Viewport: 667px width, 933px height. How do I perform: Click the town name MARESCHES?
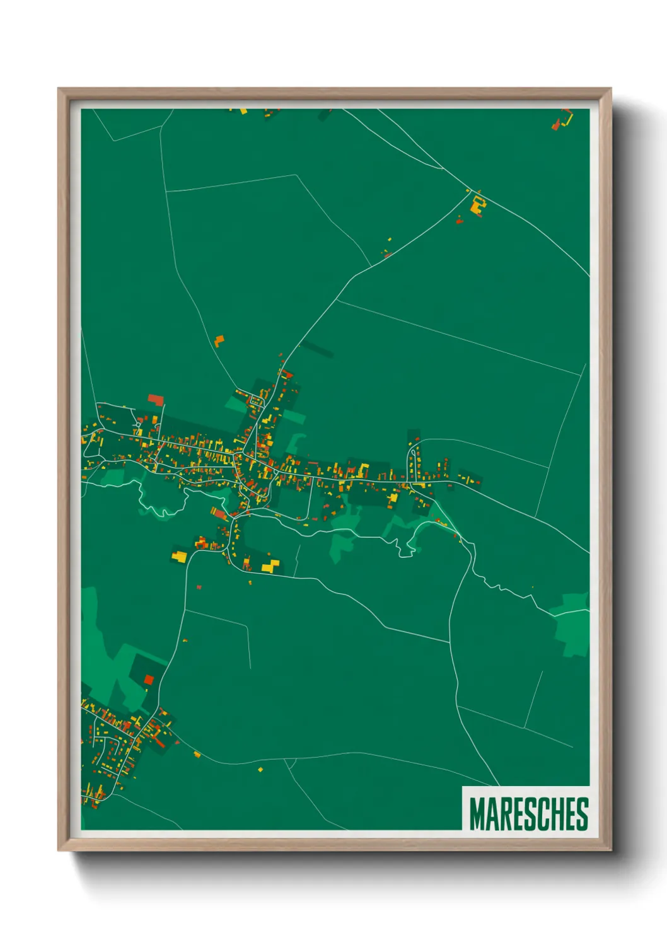pos(528,814)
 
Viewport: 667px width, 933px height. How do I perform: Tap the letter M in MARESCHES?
pos(477,814)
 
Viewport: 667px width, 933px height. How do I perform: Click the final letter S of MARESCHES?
pos(582,814)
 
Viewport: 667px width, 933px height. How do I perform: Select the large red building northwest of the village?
pos(155,400)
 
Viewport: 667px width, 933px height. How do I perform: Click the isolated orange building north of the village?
pos(219,341)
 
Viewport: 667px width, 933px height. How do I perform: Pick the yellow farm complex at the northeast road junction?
pos(477,204)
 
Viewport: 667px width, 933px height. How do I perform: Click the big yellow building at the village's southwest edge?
pos(180,556)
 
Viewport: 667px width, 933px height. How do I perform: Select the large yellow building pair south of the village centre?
pos(270,565)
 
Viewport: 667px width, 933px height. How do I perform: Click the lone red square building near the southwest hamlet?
pos(149,679)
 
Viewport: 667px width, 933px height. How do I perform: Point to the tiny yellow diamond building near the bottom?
pos(260,770)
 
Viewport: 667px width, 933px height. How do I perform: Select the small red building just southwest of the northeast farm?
pos(459,221)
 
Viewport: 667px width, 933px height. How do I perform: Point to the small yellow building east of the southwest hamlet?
pos(197,754)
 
